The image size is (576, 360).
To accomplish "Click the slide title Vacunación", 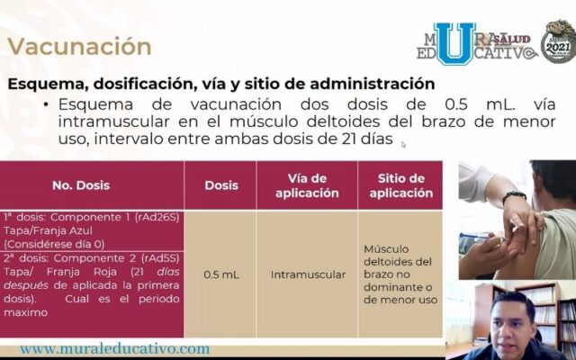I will (x=80, y=46).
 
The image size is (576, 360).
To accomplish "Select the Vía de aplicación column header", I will (x=306, y=184).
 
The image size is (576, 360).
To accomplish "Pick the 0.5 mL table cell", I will (x=220, y=274).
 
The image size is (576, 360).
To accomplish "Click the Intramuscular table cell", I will (x=306, y=274).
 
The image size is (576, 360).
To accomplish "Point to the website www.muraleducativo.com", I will (x=114, y=348).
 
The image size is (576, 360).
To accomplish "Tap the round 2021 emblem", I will (x=558, y=41).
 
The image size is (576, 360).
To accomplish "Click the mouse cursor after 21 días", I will (x=403, y=143).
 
